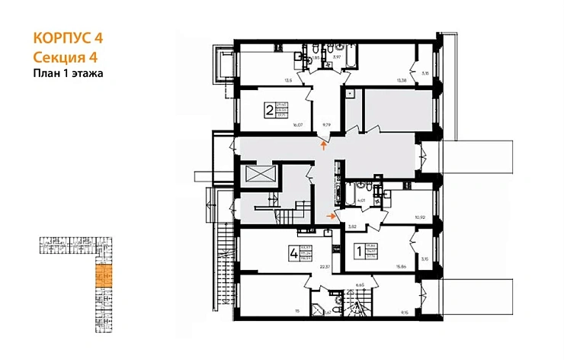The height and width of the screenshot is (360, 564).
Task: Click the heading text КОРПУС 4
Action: [68, 37]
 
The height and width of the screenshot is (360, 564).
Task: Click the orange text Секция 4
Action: [66, 57]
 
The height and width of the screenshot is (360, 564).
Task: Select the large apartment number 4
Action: [293, 253]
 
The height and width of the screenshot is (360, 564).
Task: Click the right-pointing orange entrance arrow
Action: [332, 216]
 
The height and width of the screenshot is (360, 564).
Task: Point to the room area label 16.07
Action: [298, 127]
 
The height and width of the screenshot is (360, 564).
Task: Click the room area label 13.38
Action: [401, 79]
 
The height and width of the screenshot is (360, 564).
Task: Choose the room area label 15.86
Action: [401, 267]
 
